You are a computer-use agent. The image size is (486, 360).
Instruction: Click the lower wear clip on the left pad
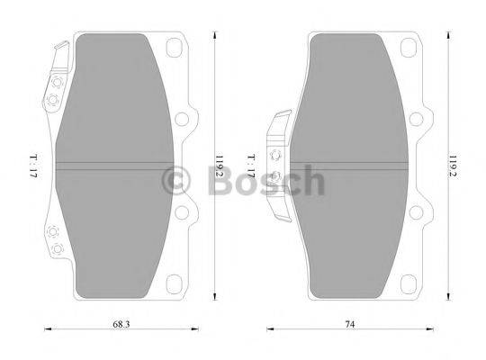(56, 241)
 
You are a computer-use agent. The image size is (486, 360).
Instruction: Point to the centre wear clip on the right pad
(280, 162)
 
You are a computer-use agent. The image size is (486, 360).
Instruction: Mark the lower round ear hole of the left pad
(184, 211)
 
